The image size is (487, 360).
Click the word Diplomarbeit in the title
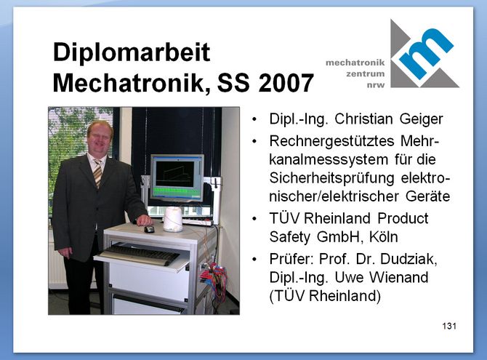(x=132, y=53)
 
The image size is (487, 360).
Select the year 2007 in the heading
(x=286, y=83)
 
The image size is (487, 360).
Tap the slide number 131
(x=449, y=326)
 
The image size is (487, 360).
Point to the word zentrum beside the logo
(x=365, y=74)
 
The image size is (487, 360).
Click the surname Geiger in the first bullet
(x=421, y=119)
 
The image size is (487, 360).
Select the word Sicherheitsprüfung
(x=331, y=178)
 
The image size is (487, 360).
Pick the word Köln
(x=383, y=237)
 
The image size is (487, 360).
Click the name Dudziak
(x=408, y=259)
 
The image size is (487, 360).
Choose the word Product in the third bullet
(x=403, y=219)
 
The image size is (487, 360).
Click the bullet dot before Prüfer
(x=254, y=260)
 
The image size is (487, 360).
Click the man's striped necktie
(x=97, y=173)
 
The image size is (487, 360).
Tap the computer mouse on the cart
(x=149, y=229)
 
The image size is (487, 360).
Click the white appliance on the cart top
(x=173, y=220)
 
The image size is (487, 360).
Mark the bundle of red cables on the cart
(x=214, y=276)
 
